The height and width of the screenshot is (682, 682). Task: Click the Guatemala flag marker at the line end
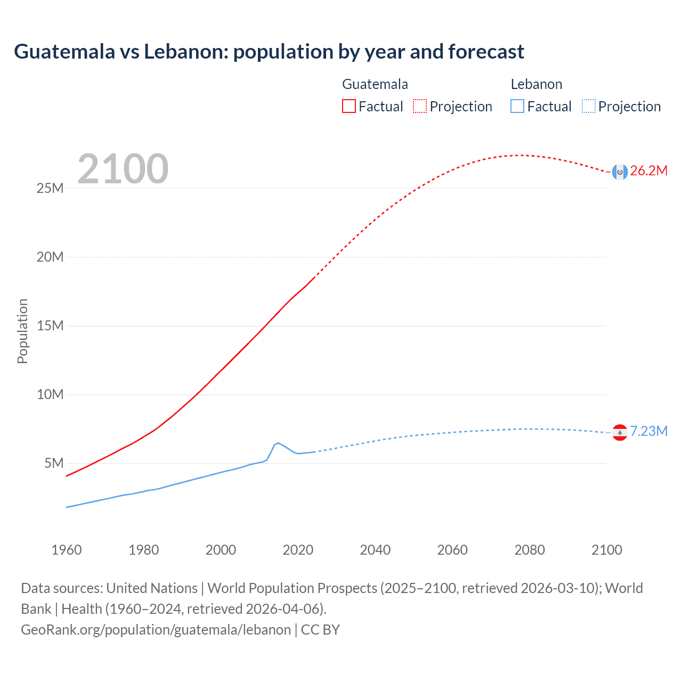(x=620, y=172)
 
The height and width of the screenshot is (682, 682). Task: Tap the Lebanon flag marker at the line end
(x=620, y=432)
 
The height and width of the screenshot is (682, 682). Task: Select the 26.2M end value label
(x=648, y=171)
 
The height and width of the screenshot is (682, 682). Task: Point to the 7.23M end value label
(x=648, y=431)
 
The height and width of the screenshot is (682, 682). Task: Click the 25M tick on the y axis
(x=50, y=188)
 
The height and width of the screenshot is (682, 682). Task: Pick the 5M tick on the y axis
(x=54, y=463)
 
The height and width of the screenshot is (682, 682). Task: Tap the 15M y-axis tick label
(x=50, y=326)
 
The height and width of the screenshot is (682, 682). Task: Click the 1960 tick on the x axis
(x=67, y=550)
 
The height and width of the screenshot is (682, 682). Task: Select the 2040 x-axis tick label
(x=375, y=550)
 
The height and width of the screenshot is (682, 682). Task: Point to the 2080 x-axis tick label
(x=530, y=550)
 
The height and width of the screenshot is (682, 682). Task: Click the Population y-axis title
(x=22, y=331)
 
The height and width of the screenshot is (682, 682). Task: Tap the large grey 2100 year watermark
(x=123, y=169)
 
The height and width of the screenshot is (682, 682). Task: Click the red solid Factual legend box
(x=348, y=106)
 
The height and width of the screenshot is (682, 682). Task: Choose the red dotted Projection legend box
(x=420, y=106)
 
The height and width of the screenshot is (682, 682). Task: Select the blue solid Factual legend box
(x=517, y=106)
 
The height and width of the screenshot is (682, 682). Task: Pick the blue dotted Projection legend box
(x=589, y=106)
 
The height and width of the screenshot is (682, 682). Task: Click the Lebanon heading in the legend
(x=536, y=84)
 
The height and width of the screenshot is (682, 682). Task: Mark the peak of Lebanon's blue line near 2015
(x=278, y=443)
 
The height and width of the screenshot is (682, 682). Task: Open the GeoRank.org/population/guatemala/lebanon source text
(x=156, y=630)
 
